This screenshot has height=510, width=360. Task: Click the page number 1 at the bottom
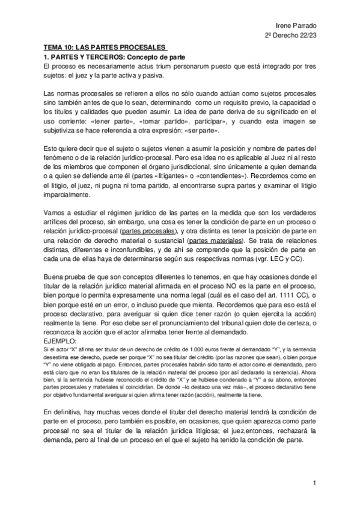314,483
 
